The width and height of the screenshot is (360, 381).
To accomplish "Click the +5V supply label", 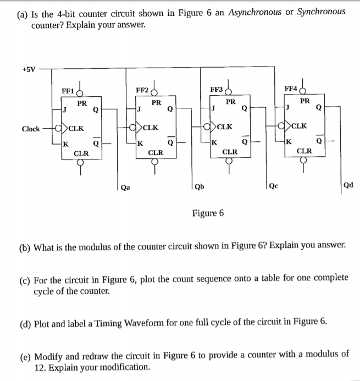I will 29,70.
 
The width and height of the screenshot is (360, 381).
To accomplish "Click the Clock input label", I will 31,129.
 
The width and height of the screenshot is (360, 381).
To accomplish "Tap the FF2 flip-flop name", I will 143,90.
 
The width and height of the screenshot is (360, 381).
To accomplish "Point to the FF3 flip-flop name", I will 217,90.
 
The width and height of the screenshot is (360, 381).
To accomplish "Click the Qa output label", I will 128,186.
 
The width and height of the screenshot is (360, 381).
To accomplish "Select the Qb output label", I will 200,186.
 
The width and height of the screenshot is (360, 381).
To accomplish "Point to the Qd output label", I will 348,185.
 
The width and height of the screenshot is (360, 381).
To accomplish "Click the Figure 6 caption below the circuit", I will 207,213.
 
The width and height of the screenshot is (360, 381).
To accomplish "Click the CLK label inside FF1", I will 76,129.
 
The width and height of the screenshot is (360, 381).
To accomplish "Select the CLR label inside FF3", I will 229,151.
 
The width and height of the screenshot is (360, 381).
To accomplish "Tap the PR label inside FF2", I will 156,102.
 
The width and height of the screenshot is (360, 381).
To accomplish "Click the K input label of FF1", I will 66,145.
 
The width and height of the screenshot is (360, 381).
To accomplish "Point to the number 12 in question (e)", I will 40,367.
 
